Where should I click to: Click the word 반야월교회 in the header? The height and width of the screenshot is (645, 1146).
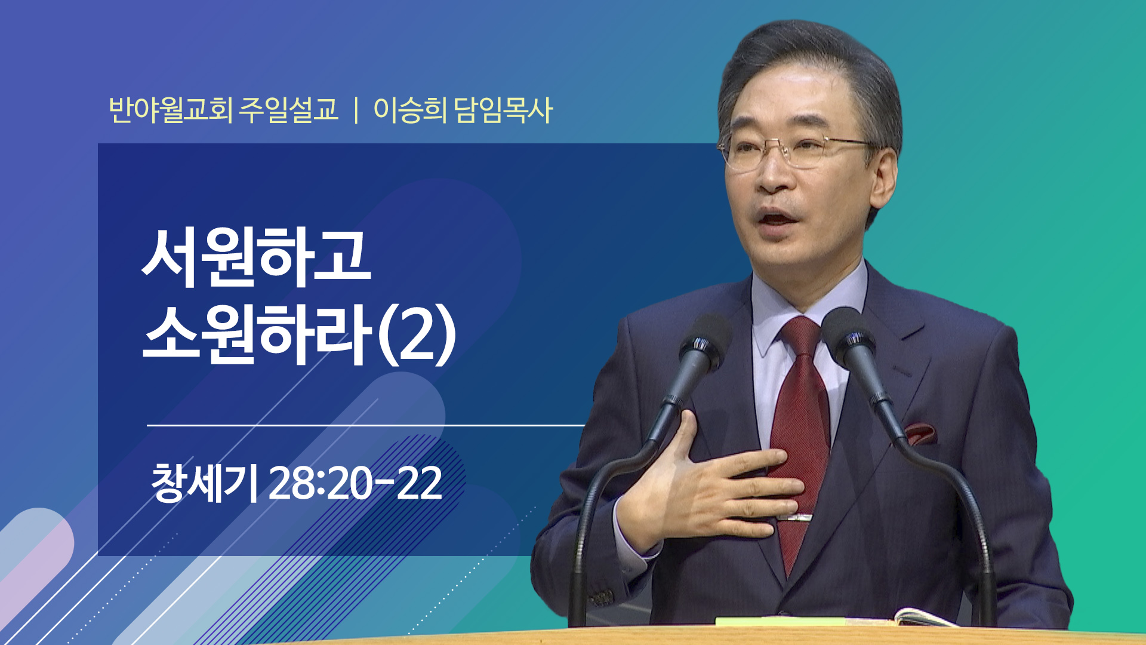click(171, 110)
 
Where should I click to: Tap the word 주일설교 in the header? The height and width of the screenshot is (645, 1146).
click(289, 110)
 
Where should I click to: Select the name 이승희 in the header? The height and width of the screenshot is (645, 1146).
click(409, 110)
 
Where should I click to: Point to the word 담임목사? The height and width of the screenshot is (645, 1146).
click(503, 110)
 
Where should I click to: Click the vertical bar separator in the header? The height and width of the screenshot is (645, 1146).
click(356, 110)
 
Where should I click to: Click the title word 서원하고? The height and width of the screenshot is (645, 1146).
click(257, 257)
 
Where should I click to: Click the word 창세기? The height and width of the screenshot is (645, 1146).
click(204, 483)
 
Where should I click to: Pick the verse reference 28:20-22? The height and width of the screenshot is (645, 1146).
click(355, 483)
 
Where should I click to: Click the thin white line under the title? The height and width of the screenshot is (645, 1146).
click(365, 425)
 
